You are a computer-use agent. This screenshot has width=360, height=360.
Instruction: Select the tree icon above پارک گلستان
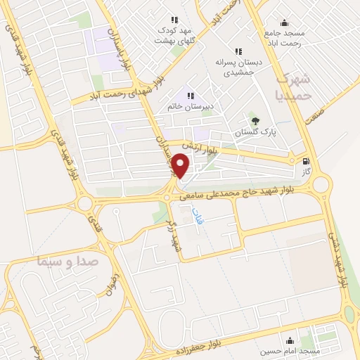click(x=255, y=120)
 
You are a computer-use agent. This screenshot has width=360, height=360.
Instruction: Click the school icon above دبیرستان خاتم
click(x=189, y=95)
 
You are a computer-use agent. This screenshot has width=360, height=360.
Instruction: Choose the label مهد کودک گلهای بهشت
click(x=174, y=35)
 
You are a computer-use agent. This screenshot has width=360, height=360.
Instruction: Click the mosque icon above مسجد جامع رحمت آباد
click(x=284, y=22)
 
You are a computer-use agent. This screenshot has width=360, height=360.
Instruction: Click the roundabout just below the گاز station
click(x=321, y=185)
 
